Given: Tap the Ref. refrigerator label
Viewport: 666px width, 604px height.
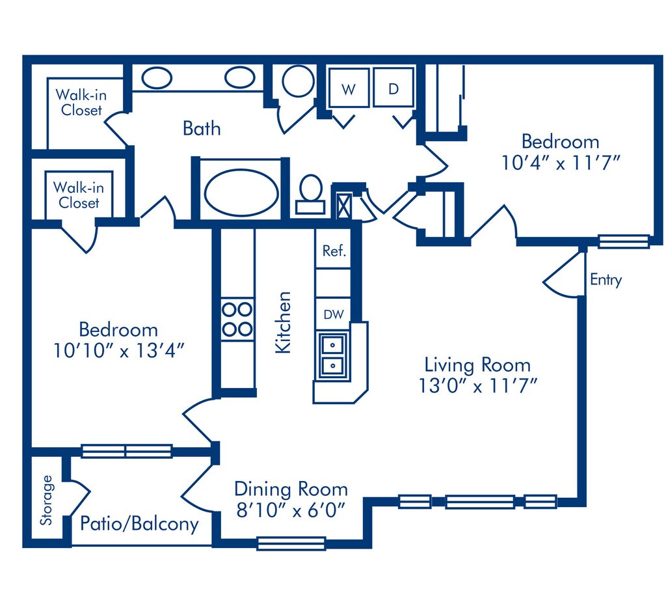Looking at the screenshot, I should point(334,251).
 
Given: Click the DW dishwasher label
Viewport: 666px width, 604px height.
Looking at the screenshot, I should point(334,314).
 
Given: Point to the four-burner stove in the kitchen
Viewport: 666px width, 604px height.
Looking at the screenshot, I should point(237,319).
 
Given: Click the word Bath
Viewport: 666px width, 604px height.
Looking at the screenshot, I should point(202,128).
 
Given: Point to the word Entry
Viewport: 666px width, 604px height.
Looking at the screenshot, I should point(606,280).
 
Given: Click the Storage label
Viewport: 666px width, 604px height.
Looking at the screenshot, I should point(46,500).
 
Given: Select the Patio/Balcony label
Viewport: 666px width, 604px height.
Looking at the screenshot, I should point(139,524).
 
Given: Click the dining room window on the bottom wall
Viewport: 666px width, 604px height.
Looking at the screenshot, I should point(291,543).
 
